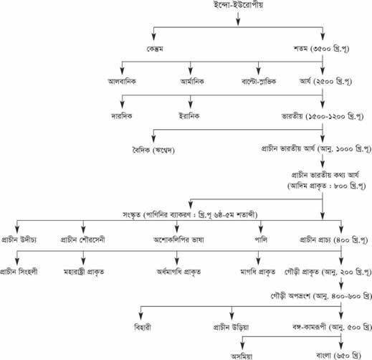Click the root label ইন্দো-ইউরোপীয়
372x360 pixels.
[x=238, y=5]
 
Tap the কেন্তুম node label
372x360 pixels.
[x=155, y=49]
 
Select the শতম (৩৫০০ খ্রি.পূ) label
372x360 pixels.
[x=321, y=49]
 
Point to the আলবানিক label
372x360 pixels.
[x=122, y=82]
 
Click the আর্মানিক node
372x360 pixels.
[x=192, y=82]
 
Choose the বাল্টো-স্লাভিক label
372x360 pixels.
[x=259, y=82]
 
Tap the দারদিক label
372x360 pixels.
[x=122, y=116]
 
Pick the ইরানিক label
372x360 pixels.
[x=189, y=116]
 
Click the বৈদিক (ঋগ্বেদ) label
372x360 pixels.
[x=153, y=150]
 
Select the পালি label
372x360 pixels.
[x=261, y=240]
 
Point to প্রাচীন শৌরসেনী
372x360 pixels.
[x=82, y=240]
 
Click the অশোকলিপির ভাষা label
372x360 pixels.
[x=178, y=240]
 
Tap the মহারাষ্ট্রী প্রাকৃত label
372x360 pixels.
[x=84, y=272]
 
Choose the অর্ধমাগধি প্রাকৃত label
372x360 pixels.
[x=178, y=272]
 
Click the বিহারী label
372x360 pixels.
[x=143, y=327]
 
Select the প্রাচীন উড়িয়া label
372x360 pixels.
[x=231, y=327]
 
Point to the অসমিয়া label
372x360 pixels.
[x=242, y=356]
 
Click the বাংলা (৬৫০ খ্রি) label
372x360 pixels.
[x=338, y=356]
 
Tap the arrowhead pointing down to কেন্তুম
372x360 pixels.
[x=153, y=37]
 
